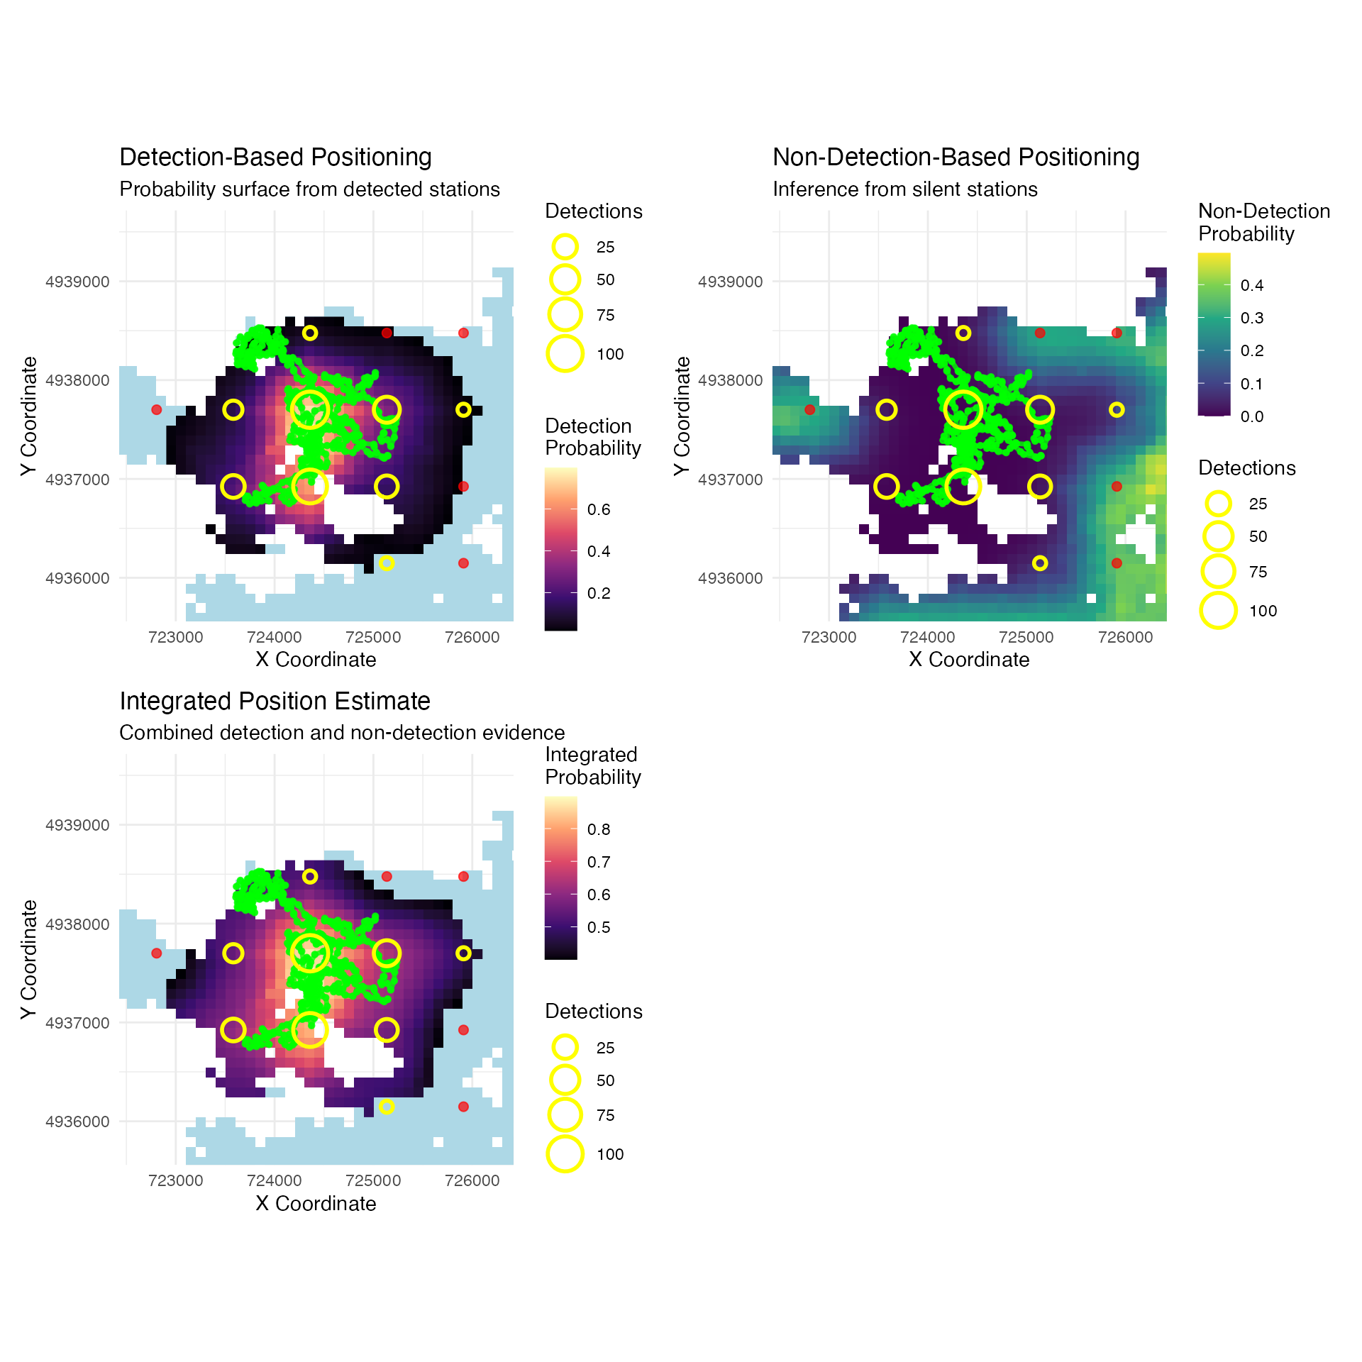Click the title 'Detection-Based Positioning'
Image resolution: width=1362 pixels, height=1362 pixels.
(275, 157)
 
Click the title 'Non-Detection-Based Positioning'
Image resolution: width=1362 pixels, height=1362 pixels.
(956, 157)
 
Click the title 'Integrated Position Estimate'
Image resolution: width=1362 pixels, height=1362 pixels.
(275, 701)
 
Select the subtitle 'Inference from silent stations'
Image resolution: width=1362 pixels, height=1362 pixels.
(904, 189)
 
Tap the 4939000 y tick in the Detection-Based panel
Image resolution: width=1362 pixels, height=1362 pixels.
(77, 282)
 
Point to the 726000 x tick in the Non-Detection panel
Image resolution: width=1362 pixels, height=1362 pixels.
(1125, 637)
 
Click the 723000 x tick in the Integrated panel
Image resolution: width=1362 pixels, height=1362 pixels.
(175, 1180)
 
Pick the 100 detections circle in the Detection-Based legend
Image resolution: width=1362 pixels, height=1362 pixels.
(565, 353)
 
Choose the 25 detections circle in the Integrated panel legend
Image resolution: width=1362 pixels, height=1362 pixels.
(565, 1047)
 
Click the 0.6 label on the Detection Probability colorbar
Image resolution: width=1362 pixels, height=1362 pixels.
(599, 509)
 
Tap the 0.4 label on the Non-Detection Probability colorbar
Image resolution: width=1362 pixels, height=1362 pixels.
(1252, 285)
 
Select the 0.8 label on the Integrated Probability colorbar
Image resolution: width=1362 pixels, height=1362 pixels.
(599, 829)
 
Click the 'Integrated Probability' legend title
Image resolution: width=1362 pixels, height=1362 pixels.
(592, 765)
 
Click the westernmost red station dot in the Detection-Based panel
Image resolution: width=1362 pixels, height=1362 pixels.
(157, 410)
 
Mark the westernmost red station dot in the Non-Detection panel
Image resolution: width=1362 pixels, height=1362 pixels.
(809, 410)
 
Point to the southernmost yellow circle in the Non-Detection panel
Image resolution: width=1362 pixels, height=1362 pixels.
(1040, 563)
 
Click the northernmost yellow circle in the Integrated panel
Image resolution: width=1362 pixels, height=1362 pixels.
(310, 877)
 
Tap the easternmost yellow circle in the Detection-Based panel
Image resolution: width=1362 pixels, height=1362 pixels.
(463, 410)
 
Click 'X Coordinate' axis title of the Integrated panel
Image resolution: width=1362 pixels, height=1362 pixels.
(316, 1203)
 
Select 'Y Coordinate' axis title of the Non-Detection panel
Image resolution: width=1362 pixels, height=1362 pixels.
(682, 416)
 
